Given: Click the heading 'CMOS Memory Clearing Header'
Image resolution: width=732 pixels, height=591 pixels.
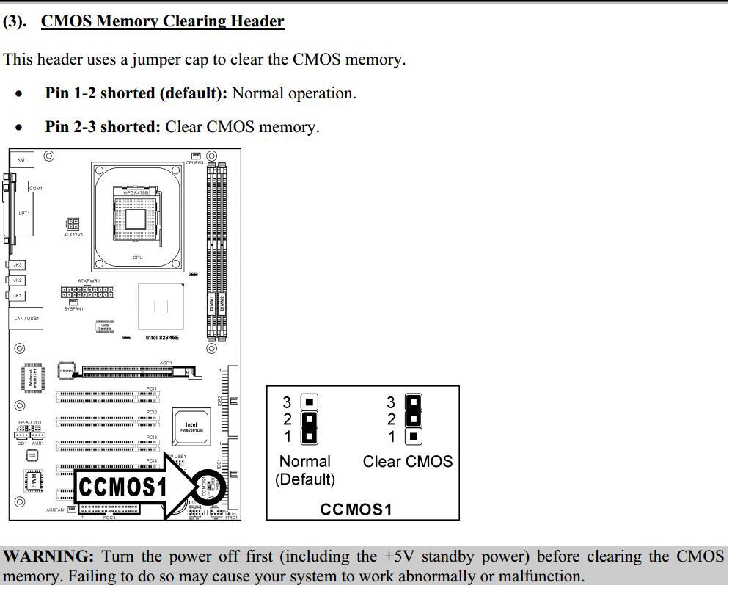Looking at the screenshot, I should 162,21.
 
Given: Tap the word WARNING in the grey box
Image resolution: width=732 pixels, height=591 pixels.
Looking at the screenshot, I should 48,556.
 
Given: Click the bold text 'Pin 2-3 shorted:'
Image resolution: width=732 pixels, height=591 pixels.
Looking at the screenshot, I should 103,127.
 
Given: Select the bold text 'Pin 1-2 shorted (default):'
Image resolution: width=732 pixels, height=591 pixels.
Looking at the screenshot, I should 136,93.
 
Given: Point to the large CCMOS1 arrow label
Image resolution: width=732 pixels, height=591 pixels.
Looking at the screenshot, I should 123,487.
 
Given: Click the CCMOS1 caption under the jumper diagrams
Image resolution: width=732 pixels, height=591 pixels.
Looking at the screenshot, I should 356,509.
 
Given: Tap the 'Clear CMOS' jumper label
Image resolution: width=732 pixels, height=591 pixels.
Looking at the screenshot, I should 408,462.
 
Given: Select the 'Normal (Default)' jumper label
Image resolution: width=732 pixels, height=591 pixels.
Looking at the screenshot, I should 305,470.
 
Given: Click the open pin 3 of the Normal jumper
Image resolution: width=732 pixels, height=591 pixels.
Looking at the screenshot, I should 310,402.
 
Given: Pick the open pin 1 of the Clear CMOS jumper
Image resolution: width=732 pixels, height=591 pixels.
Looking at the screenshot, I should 414,437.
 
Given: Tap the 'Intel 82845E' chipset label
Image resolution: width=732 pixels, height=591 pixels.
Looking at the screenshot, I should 162,338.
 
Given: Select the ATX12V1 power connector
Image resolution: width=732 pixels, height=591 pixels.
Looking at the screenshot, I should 73,224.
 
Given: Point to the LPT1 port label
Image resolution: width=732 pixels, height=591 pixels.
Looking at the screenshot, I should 24,214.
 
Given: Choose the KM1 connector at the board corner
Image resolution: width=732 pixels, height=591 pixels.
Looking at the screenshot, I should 22,160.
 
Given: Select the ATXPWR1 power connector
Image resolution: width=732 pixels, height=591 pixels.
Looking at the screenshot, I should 87,291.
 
